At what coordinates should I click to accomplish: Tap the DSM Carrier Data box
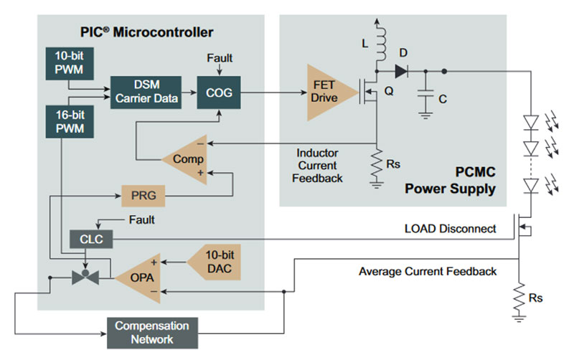(144, 93)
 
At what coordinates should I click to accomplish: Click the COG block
(220, 93)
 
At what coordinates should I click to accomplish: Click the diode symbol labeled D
(400, 71)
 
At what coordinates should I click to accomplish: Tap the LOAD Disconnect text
(450, 229)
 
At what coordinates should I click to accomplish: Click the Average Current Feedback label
(427, 272)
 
